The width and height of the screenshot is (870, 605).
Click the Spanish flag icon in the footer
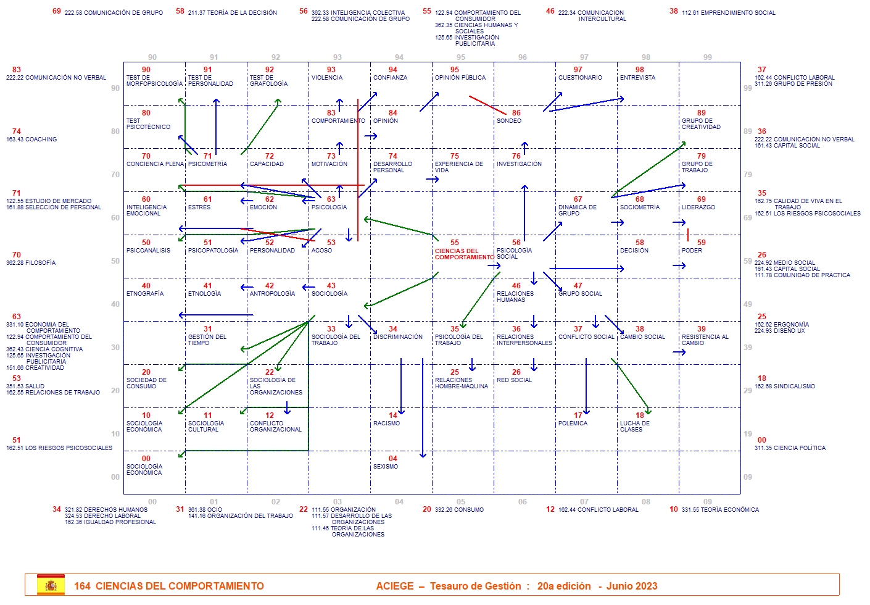51,585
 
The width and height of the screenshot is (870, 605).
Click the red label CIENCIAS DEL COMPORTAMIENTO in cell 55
464,254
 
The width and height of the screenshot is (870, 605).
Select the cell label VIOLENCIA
327,78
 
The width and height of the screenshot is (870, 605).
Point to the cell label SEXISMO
386,467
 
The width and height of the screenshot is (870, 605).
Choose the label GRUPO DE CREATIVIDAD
701,124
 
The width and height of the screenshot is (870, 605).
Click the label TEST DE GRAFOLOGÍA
268,81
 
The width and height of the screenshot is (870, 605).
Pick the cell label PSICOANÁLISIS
148,251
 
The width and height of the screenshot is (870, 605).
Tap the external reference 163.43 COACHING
31,140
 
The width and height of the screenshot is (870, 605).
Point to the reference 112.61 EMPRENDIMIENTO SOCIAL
728,13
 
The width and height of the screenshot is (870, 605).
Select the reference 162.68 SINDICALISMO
785,386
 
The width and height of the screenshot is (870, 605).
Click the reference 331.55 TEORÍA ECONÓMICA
720,510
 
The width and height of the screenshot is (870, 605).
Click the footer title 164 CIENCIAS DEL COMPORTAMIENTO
169,586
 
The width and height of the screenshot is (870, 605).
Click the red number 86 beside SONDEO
516,113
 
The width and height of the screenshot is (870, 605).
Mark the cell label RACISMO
386,423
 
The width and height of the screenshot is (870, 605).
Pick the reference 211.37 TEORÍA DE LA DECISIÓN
232,13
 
